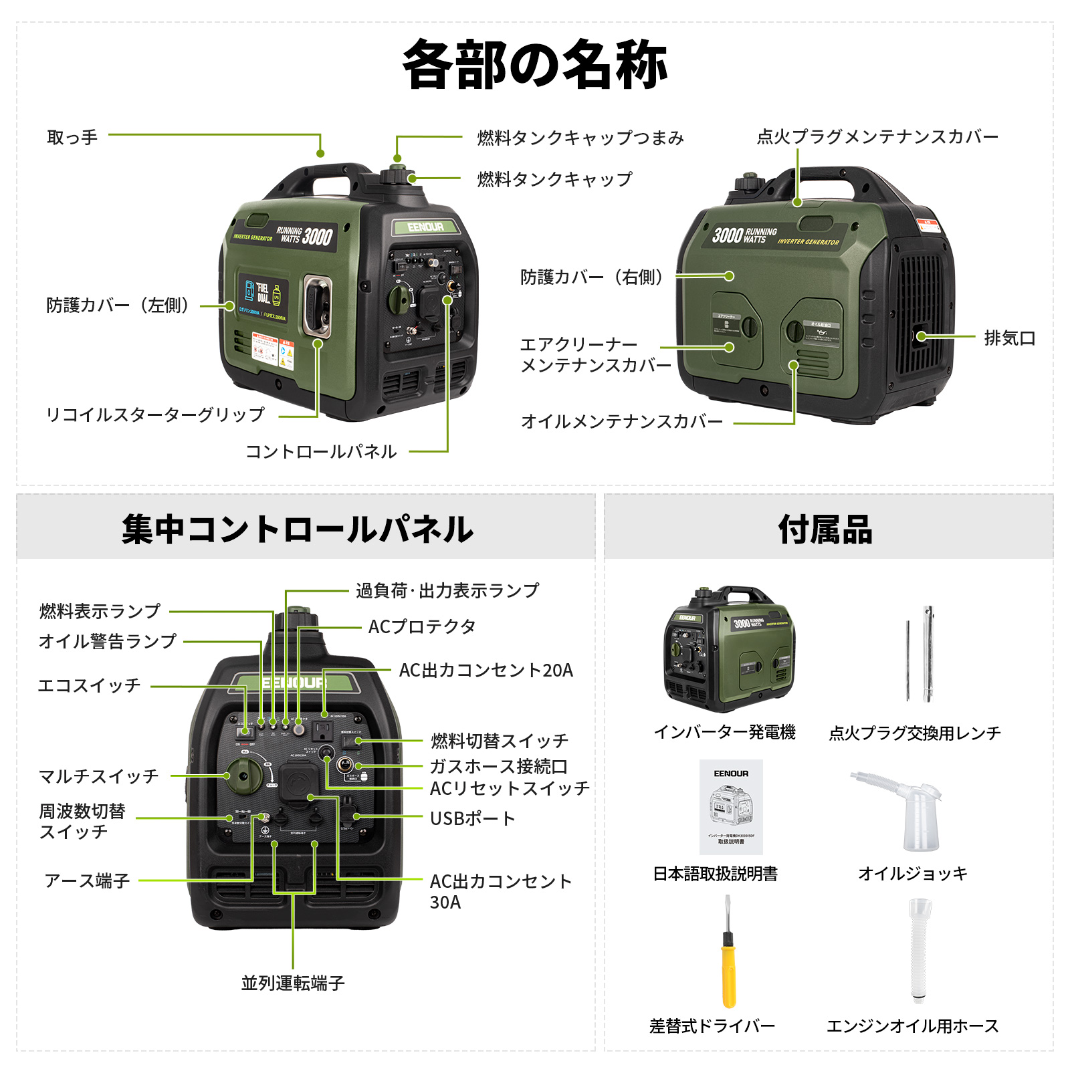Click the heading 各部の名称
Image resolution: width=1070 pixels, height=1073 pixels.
(535, 65)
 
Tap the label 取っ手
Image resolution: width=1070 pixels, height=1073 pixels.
(72, 138)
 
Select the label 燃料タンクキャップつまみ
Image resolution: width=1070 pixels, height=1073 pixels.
(580, 138)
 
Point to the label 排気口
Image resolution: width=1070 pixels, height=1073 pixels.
(1010, 338)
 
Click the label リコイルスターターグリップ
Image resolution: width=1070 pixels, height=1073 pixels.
(155, 414)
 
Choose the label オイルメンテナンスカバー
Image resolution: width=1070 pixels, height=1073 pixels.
(622, 422)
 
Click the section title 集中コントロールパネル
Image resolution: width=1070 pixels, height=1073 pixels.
(298, 529)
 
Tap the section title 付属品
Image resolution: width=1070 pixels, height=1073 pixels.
(826, 529)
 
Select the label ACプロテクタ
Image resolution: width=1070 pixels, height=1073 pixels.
(422, 627)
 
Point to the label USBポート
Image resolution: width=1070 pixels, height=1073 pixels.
(472, 818)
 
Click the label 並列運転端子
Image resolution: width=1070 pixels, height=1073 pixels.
(293, 983)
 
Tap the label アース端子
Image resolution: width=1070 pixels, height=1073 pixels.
(87, 880)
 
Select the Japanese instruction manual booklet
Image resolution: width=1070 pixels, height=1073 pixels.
(731, 807)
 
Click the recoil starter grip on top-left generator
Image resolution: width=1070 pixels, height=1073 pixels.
(318, 306)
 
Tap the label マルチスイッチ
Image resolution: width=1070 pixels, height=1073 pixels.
(99, 776)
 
